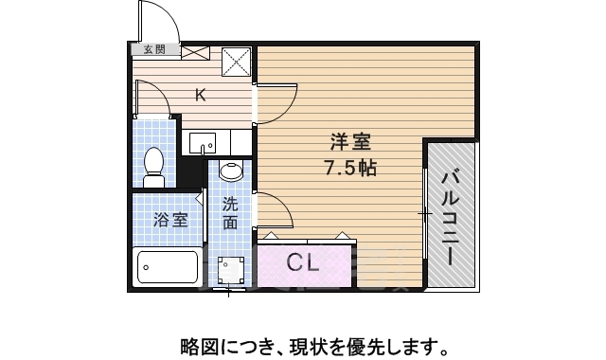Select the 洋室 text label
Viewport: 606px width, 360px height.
pyautogui.click(x=349, y=143)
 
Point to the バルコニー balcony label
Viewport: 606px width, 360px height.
pyautogui.click(x=450, y=216)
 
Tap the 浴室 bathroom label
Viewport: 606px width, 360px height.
pyautogui.click(x=170, y=219)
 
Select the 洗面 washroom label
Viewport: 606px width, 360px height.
pyautogui.click(x=231, y=213)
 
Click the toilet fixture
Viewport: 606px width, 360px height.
pyautogui.click(x=153, y=167)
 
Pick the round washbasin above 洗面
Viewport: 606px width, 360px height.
pyautogui.click(x=231, y=171)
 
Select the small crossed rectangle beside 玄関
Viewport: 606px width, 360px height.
pyautogui.click(x=196, y=52)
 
